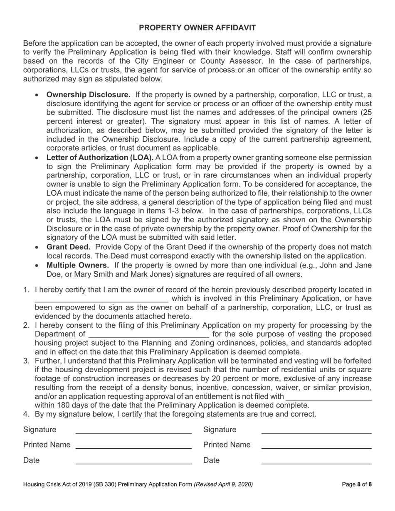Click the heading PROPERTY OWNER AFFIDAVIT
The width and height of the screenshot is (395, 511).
pos(197,28)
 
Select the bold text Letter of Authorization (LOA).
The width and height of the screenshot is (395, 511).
pos(100,157)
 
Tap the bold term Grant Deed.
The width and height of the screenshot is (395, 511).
pos(68,247)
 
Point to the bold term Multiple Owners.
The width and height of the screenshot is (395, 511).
pos(78,265)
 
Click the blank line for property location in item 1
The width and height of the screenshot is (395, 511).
pos(101,299)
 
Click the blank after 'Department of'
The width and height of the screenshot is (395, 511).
pos(148,335)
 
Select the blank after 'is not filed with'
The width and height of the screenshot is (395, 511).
pos(328,397)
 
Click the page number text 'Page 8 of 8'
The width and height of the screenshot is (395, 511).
pos(356,484)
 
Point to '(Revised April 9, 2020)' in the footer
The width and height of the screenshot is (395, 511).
pos(223,484)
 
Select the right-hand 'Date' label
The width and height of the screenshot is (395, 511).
pos(211,460)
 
